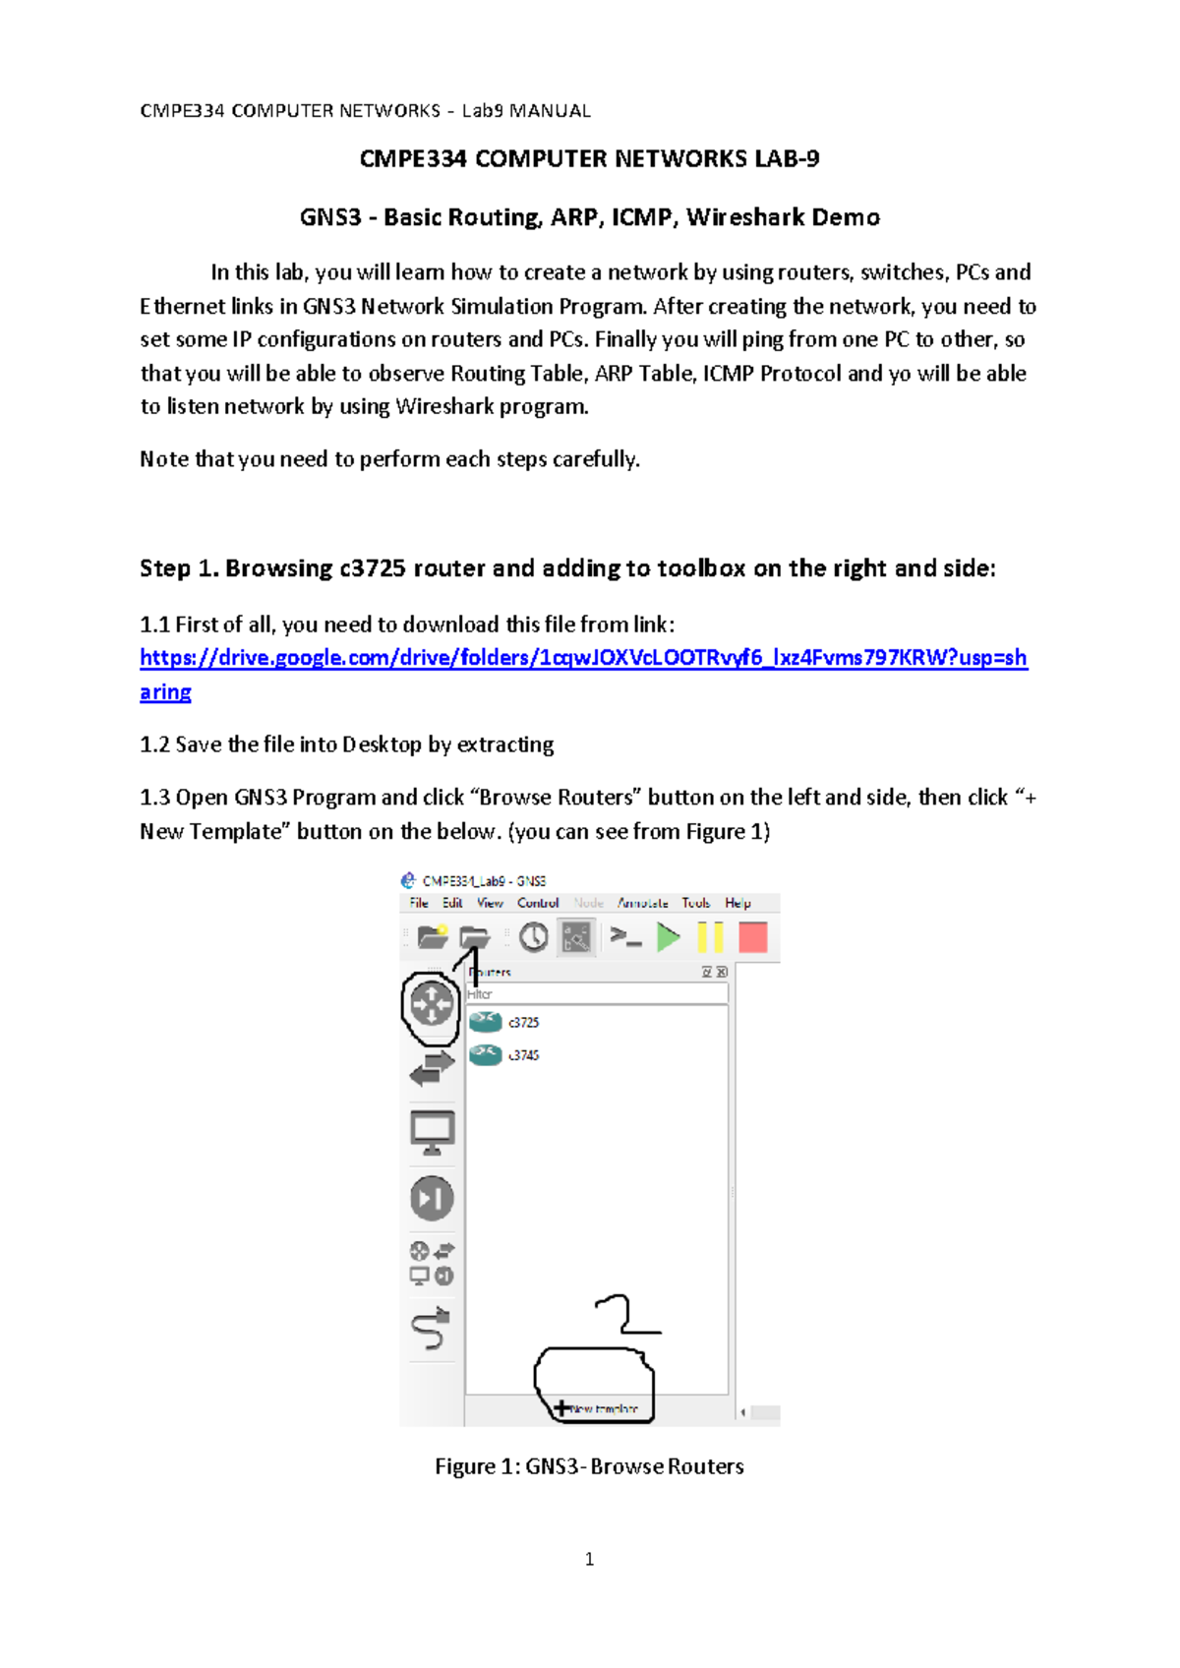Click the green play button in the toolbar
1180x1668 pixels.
click(x=669, y=937)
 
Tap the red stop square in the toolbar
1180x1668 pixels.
click(x=753, y=937)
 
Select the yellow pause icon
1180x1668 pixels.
click(x=710, y=937)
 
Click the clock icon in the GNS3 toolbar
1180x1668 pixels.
click(x=533, y=937)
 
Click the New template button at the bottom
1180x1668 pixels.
click(x=597, y=1408)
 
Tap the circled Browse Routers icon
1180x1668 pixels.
click(x=432, y=1005)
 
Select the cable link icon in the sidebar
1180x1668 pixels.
click(x=431, y=1330)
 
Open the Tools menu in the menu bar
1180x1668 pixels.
click(x=695, y=903)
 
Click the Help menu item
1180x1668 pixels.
click(x=737, y=903)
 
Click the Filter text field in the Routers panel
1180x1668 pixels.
click(x=596, y=994)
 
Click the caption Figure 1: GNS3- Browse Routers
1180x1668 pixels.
click(x=589, y=1466)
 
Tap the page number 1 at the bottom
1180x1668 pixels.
click(x=589, y=1559)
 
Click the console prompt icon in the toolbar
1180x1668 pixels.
click(x=625, y=937)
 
